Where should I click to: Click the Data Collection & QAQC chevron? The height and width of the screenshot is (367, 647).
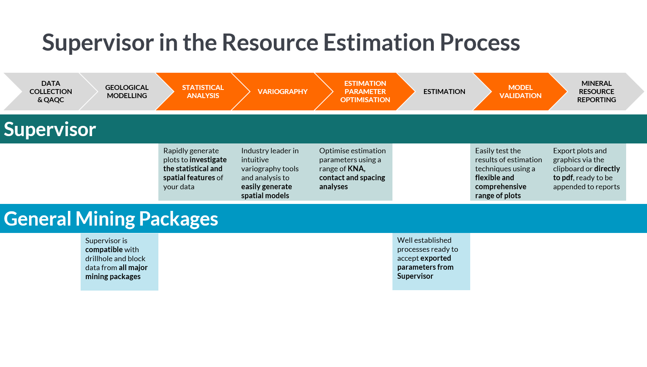pyautogui.click(x=50, y=92)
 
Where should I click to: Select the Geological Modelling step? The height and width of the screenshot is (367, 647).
pyautogui.click(x=126, y=92)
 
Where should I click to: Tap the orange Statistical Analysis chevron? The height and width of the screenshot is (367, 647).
pyautogui.click(x=203, y=92)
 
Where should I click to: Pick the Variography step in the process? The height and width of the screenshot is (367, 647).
pyautogui.click(x=282, y=92)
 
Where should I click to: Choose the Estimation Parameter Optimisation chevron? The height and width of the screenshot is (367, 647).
pyautogui.click(x=365, y=92)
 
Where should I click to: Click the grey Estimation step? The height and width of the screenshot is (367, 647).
pyautogui.click(x=444, y=92)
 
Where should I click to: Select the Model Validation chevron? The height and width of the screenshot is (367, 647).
pyautogui.click(x=520, y=92)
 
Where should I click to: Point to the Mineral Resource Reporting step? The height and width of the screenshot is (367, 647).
pyautogui.click(x=596, y=92)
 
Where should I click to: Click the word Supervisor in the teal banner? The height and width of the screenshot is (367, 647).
pyautogui.click(x=50, y=130)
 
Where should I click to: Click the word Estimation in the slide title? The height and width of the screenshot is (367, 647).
pyautogui.click(x=379, y=43)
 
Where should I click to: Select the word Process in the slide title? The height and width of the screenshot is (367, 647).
pyautogui.click(x=480, y=43)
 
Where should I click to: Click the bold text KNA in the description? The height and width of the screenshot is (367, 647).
pyautogui.click(x=356, y=169)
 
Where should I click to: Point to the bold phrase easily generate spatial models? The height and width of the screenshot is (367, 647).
pyautogui.click(x=266, y=191)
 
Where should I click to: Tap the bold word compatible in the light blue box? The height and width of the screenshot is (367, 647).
pyautogui.click(x=104, y=250)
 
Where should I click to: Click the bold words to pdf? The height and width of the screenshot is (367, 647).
pyautogui.click(x=563, y=178)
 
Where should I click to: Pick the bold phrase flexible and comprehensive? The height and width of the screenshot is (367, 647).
pyautogui.click(x=500, y=182)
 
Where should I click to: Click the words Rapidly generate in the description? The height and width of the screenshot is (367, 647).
pyautogui.click(x=191, y=151)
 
